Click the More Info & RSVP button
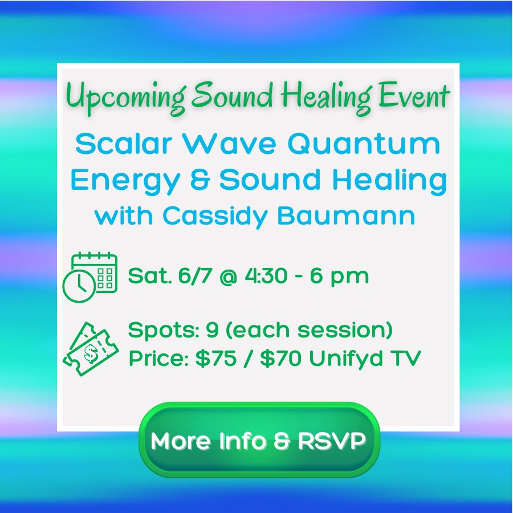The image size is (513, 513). click(x=259, y=439)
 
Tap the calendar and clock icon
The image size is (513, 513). click(x=90, y=277)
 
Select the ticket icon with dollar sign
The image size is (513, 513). click(x=91, y=349)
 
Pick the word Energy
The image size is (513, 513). click(x=125, y=181)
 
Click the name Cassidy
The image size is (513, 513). click(x=215, y=217)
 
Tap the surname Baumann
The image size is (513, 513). click(x=346, y=216)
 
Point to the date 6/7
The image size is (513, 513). click(x=195, y=275)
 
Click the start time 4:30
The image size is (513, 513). click(x=266, y=275)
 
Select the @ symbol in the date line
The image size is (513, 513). click(x=229, y=276)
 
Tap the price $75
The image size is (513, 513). click(x=215, y=358)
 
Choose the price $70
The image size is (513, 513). click(x=280, y=358)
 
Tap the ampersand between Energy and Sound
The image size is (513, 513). click(x=199, y=180)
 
